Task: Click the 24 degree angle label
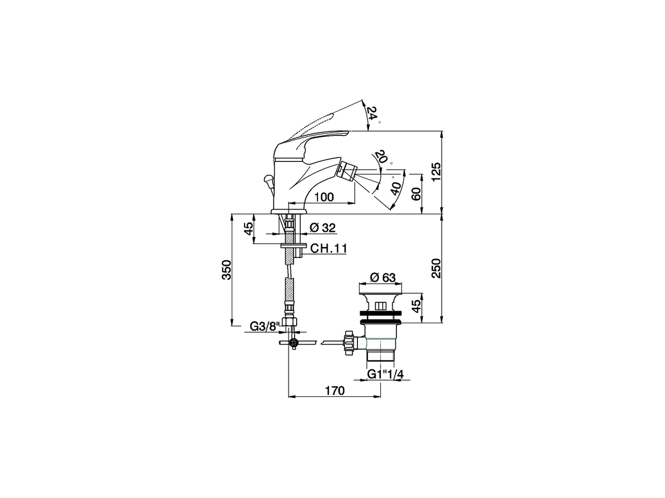tap(373, 113)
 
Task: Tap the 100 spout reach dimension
tap(324, 197)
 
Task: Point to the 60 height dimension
tap(416, 194)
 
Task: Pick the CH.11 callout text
tap(328, 249)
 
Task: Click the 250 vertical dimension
tap(436, 268)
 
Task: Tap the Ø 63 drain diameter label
tap(383, 278)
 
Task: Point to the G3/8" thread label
tap(265, 326)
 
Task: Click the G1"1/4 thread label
tap(384, 374)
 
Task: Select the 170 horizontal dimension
tap(335, 391)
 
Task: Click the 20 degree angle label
tap(381, 157)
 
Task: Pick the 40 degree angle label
tap(396, 188)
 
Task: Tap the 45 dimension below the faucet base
tap(249, 229)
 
